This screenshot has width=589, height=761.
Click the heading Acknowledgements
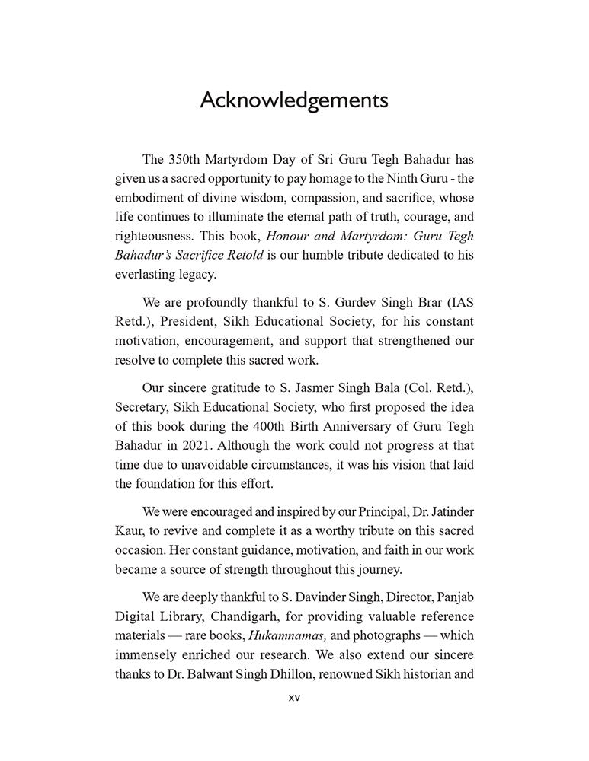[x=294, y=100]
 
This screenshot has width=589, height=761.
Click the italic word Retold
[x=251, y=255]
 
